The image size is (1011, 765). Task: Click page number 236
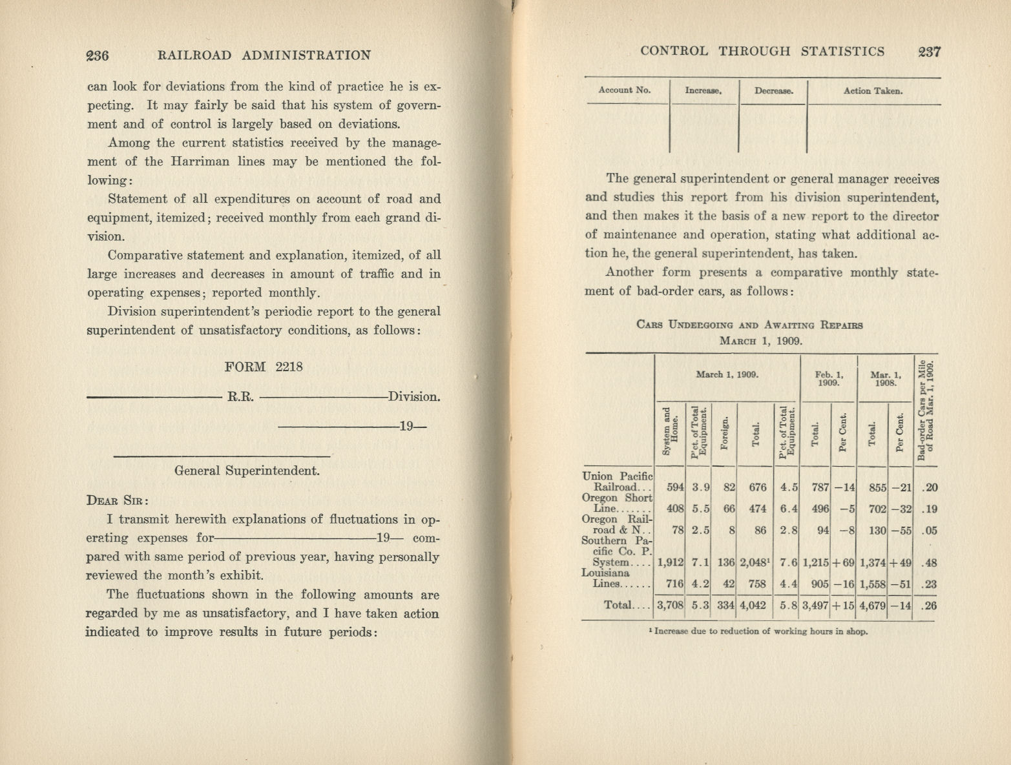[x=98, y=56]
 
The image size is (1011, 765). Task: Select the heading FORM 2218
[x=264, y=367]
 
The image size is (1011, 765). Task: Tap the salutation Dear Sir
[x=118, y=500]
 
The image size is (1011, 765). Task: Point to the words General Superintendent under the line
[x=247, y=471]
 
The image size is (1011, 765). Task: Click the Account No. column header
[x=625, y=90]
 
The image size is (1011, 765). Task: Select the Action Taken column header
[x=873, y=91]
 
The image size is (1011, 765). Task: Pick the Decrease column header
[x=773, y=91]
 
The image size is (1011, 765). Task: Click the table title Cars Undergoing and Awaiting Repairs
[x=749, y=325]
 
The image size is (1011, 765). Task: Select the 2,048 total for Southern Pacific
[x=753, y=562]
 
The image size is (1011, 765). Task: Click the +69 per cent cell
[x=843, y=562]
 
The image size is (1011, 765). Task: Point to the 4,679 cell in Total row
[x=872, y=606]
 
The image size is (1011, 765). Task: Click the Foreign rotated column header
[x=725, y=436]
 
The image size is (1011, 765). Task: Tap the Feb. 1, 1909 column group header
[x=828, y=378]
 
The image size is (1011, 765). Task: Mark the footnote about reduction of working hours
[x=758, y=631]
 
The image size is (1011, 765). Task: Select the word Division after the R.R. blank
[x=414, y=396]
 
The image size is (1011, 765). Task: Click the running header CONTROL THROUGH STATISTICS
[x=762, y=52]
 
